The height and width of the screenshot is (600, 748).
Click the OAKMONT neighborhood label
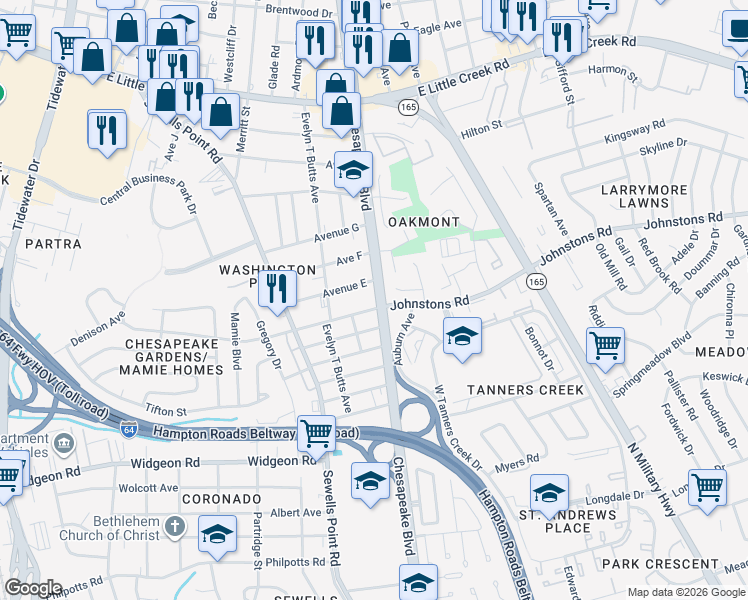[x=423, y=221]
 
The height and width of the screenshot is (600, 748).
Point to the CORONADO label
[x=222, y=497]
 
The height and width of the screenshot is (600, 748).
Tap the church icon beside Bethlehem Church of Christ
[x=174, y=526]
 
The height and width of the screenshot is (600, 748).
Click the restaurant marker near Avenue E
[x=277, y=290]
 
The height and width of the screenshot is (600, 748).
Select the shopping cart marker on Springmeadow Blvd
[x=605, y=346]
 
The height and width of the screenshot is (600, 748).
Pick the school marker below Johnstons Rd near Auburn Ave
[x=462, y=337]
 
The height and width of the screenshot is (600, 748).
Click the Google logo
[x=32, y=588]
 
